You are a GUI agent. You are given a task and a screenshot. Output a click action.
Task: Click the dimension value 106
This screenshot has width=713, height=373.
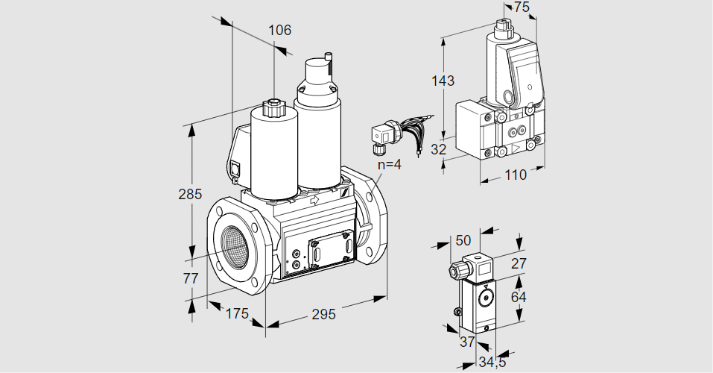279,31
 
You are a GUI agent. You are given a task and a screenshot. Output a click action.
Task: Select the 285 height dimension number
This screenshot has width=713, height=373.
190,195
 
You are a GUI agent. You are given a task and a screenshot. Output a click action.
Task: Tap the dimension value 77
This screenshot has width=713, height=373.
191,279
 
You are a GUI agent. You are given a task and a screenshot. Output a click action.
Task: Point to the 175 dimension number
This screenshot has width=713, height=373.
236,313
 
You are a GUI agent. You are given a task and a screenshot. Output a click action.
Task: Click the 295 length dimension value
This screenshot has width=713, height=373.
323,314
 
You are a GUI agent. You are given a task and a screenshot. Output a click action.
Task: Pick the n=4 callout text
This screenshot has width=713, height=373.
388,164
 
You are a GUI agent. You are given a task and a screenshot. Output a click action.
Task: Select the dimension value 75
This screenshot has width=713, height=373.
522,7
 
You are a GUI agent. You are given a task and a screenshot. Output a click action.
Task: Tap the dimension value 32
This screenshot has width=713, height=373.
439,149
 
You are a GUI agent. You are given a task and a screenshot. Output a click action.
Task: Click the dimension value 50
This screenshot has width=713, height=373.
463,239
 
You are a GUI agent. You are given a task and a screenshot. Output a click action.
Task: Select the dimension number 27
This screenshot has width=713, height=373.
519,263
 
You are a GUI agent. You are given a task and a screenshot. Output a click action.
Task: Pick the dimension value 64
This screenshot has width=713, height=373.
520,297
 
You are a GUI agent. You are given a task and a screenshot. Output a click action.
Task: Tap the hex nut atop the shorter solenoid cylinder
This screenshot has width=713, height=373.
273,109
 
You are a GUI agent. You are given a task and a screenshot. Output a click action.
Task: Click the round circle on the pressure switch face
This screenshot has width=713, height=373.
487,298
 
